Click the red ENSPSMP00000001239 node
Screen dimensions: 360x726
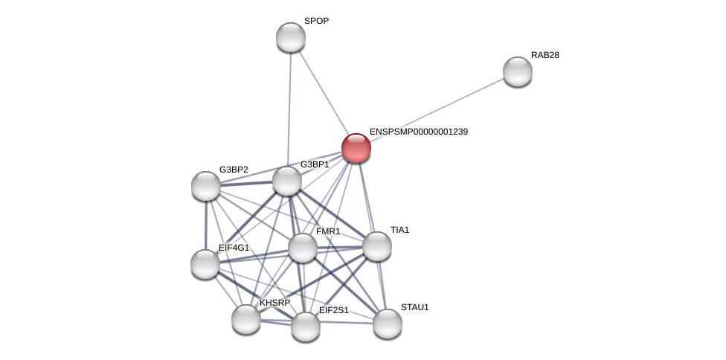pos(356,147)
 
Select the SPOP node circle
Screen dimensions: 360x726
pos(291,37)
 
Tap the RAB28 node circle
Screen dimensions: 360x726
pos(518,71)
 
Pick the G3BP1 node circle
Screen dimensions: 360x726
pos(287,181)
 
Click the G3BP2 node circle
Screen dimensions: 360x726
pos(206,186)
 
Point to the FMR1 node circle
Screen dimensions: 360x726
pos(303,248)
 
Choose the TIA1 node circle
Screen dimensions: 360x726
pos(377,246)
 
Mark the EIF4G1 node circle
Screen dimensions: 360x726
pos(205,264)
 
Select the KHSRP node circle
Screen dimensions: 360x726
pos(246,319)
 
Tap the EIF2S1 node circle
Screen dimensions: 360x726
pos(306,327)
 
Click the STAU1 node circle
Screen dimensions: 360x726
pos(388,324)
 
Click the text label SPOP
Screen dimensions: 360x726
pos(316,21)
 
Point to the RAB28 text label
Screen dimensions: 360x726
pos(545,55)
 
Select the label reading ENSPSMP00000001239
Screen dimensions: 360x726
pos(419,132)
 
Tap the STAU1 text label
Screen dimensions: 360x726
pos(415,307)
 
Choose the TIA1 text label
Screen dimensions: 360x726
pos(400,230)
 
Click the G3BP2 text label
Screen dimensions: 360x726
pos(234,170)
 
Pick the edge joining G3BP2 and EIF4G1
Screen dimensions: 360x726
pos(205,225)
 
